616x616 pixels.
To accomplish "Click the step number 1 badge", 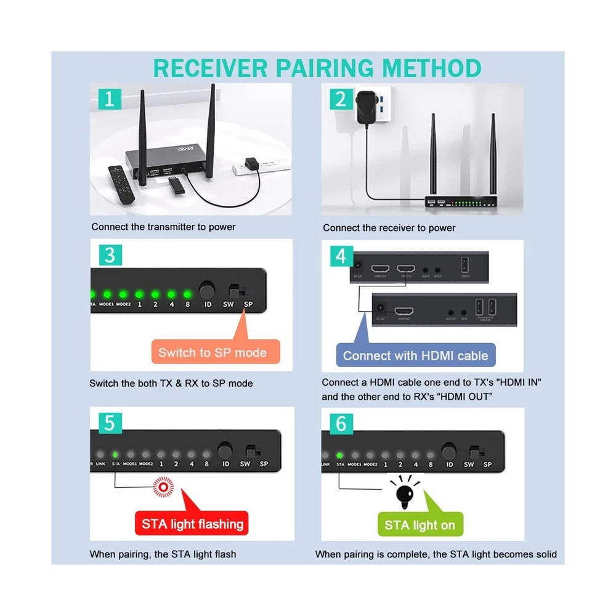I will [109, 99].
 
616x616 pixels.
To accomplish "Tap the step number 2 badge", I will [341, 99].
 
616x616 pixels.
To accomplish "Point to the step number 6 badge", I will [341, 424].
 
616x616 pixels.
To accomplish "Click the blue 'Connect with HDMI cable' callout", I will [415, 355].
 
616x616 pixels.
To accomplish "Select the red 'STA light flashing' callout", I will [193, 524].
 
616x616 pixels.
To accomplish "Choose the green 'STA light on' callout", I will [419, 525].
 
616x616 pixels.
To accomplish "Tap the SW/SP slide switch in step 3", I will [233, 289].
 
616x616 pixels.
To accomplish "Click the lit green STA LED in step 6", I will [340, 456].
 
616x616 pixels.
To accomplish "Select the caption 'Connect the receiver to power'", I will [389, 228].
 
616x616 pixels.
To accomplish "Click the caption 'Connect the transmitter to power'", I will [163, 227].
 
